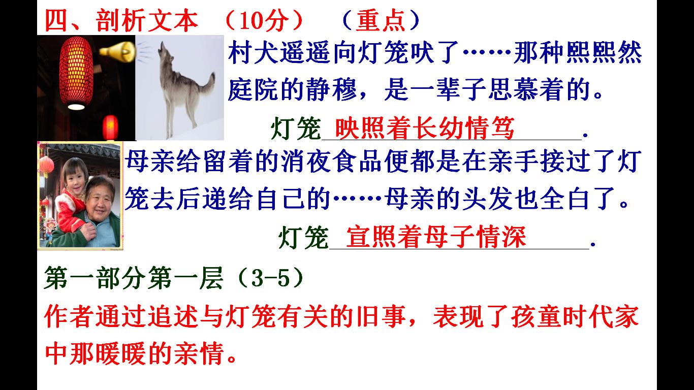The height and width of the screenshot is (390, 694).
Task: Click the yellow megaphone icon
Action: (117, 51)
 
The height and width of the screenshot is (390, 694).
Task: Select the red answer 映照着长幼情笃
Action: (425, 128)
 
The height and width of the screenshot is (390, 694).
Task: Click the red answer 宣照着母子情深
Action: (435, 237)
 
